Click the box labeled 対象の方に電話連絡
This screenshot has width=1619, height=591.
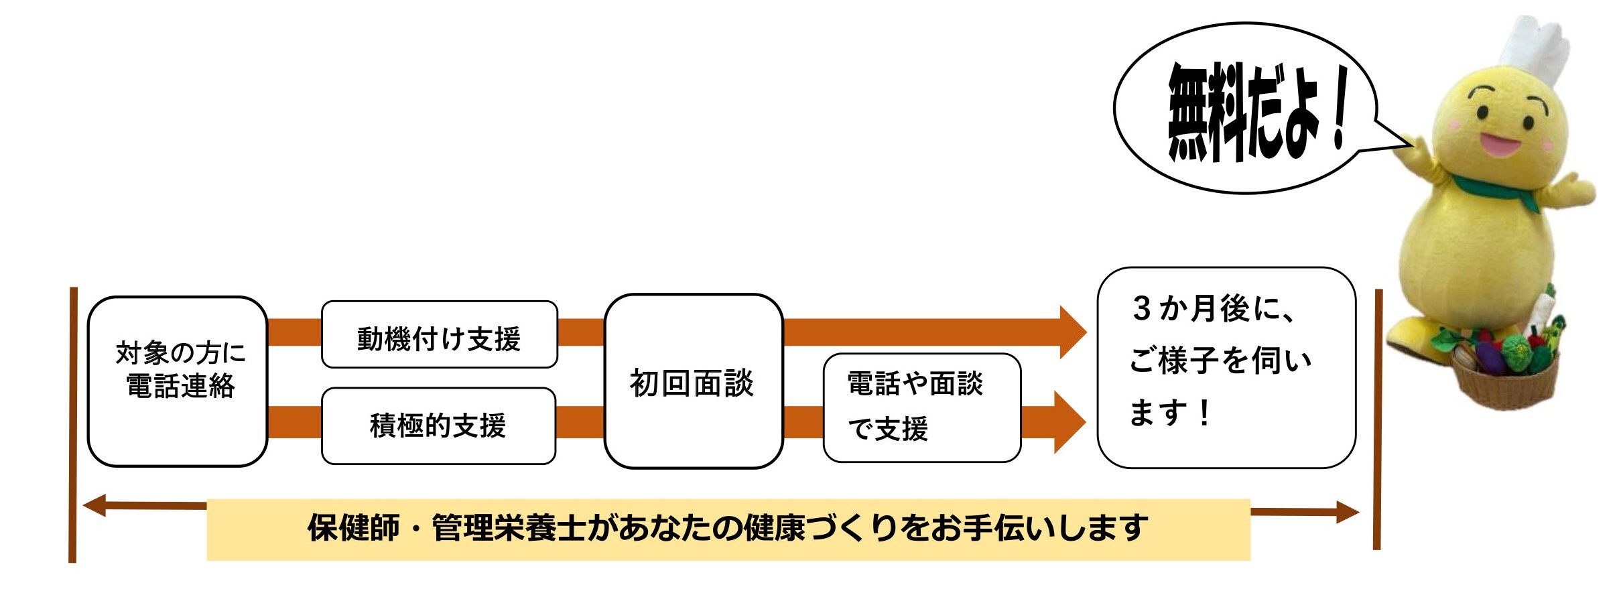[178, 381]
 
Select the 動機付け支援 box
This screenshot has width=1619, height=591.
[439, 335]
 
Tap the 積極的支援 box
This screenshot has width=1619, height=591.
[438, 425]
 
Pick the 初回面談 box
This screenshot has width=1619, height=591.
[693, 381]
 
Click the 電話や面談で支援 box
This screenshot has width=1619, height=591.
[921, 407]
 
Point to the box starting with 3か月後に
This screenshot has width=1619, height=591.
[1226, 367]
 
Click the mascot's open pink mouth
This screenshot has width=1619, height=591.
[1498, 143]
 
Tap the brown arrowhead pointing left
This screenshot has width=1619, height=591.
[96, 506]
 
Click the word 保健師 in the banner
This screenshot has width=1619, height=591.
[353, 529]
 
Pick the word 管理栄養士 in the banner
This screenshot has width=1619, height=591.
[509, 529]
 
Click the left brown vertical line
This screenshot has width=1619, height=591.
[73, 425]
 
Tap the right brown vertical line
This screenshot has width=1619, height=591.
[1378, 419]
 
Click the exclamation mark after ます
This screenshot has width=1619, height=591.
[1205, 413]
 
